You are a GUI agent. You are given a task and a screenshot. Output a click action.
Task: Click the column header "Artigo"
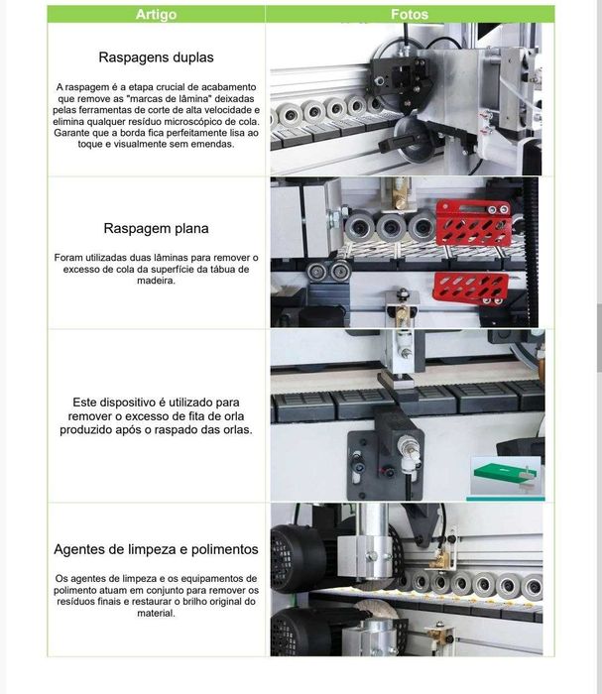tap(156, 14)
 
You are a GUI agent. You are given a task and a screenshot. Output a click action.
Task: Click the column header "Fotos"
tap(410, 14)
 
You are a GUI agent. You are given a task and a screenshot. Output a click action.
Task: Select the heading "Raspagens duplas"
tap(156, 58)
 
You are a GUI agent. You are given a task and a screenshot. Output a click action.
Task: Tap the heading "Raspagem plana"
tap(156, 228)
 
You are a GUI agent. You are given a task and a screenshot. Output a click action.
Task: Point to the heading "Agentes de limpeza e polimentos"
tap(156, 548)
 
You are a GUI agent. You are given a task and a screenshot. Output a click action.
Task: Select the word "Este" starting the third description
tap(88, 403)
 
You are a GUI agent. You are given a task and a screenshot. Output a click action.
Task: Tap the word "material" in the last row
tap(156, 613)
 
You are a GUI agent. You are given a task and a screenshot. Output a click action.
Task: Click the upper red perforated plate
tap(473, 225)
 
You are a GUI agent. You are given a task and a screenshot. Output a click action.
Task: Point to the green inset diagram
tap(504, 477)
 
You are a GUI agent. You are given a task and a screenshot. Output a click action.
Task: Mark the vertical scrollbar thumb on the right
tap(597, 337)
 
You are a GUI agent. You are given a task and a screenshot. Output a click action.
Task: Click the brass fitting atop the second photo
tap(403, 196)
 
